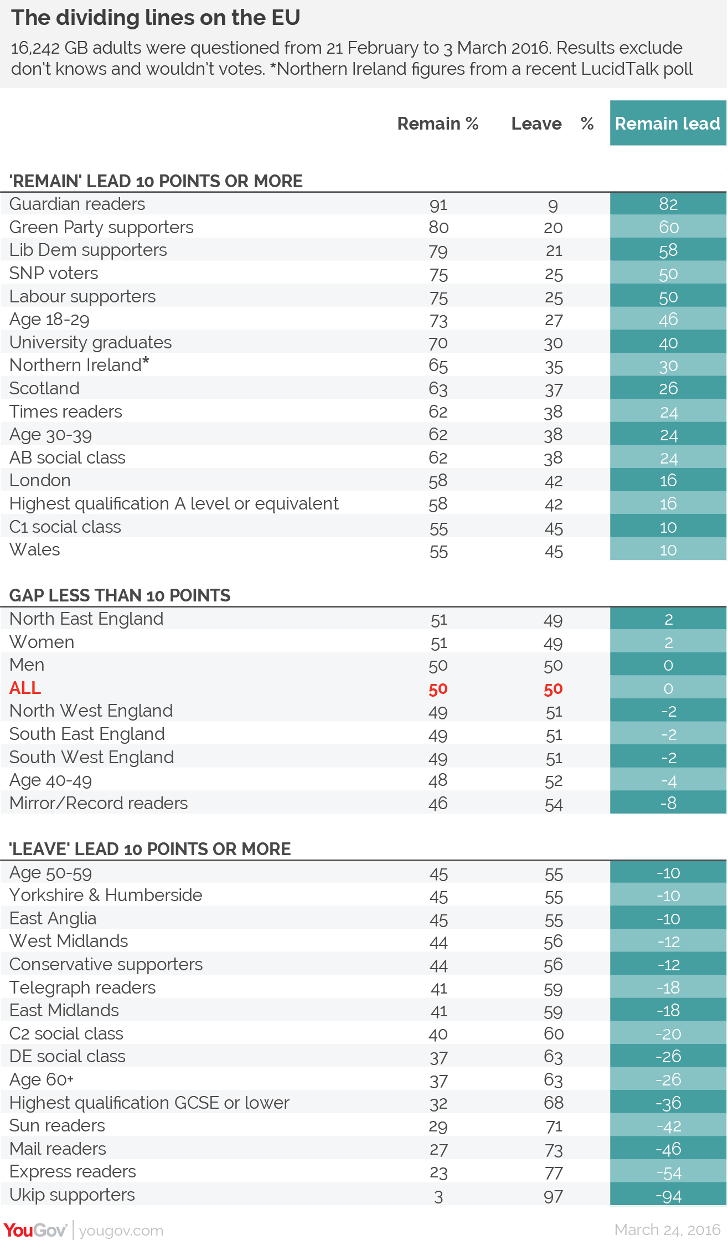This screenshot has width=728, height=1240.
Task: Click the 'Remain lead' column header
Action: pos(668,124)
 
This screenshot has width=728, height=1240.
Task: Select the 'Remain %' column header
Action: pos(438,124)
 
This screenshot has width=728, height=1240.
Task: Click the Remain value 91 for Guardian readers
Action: pos(438,205)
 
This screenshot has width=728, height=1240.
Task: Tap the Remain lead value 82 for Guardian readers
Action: pos(668,204)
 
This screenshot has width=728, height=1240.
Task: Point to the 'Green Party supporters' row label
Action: pos(101,228)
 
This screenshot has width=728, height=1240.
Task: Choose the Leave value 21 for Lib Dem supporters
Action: pos(554,251)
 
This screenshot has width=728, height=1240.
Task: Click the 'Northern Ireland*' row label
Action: pos(79,365)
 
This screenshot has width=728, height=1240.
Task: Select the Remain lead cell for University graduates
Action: pos(668,343)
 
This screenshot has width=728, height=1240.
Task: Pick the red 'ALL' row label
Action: pos(25,688)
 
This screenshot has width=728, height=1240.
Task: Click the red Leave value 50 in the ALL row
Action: pos(554,689)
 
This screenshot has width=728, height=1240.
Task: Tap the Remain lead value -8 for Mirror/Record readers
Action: pos(668,803)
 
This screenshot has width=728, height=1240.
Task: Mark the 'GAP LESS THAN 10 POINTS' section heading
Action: pos(120,595)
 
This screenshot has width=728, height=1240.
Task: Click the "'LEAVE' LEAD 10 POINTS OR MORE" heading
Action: pos(150,849)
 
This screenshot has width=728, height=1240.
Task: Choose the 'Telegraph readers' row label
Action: pos(82,987)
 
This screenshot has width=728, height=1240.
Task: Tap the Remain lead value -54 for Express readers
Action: pos(668,1172)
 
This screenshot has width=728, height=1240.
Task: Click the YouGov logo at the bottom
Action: pos(35,1230)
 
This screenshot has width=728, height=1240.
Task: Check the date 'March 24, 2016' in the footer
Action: pos(668,1229)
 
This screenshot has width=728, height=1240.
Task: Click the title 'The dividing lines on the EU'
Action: pos(156,18)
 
